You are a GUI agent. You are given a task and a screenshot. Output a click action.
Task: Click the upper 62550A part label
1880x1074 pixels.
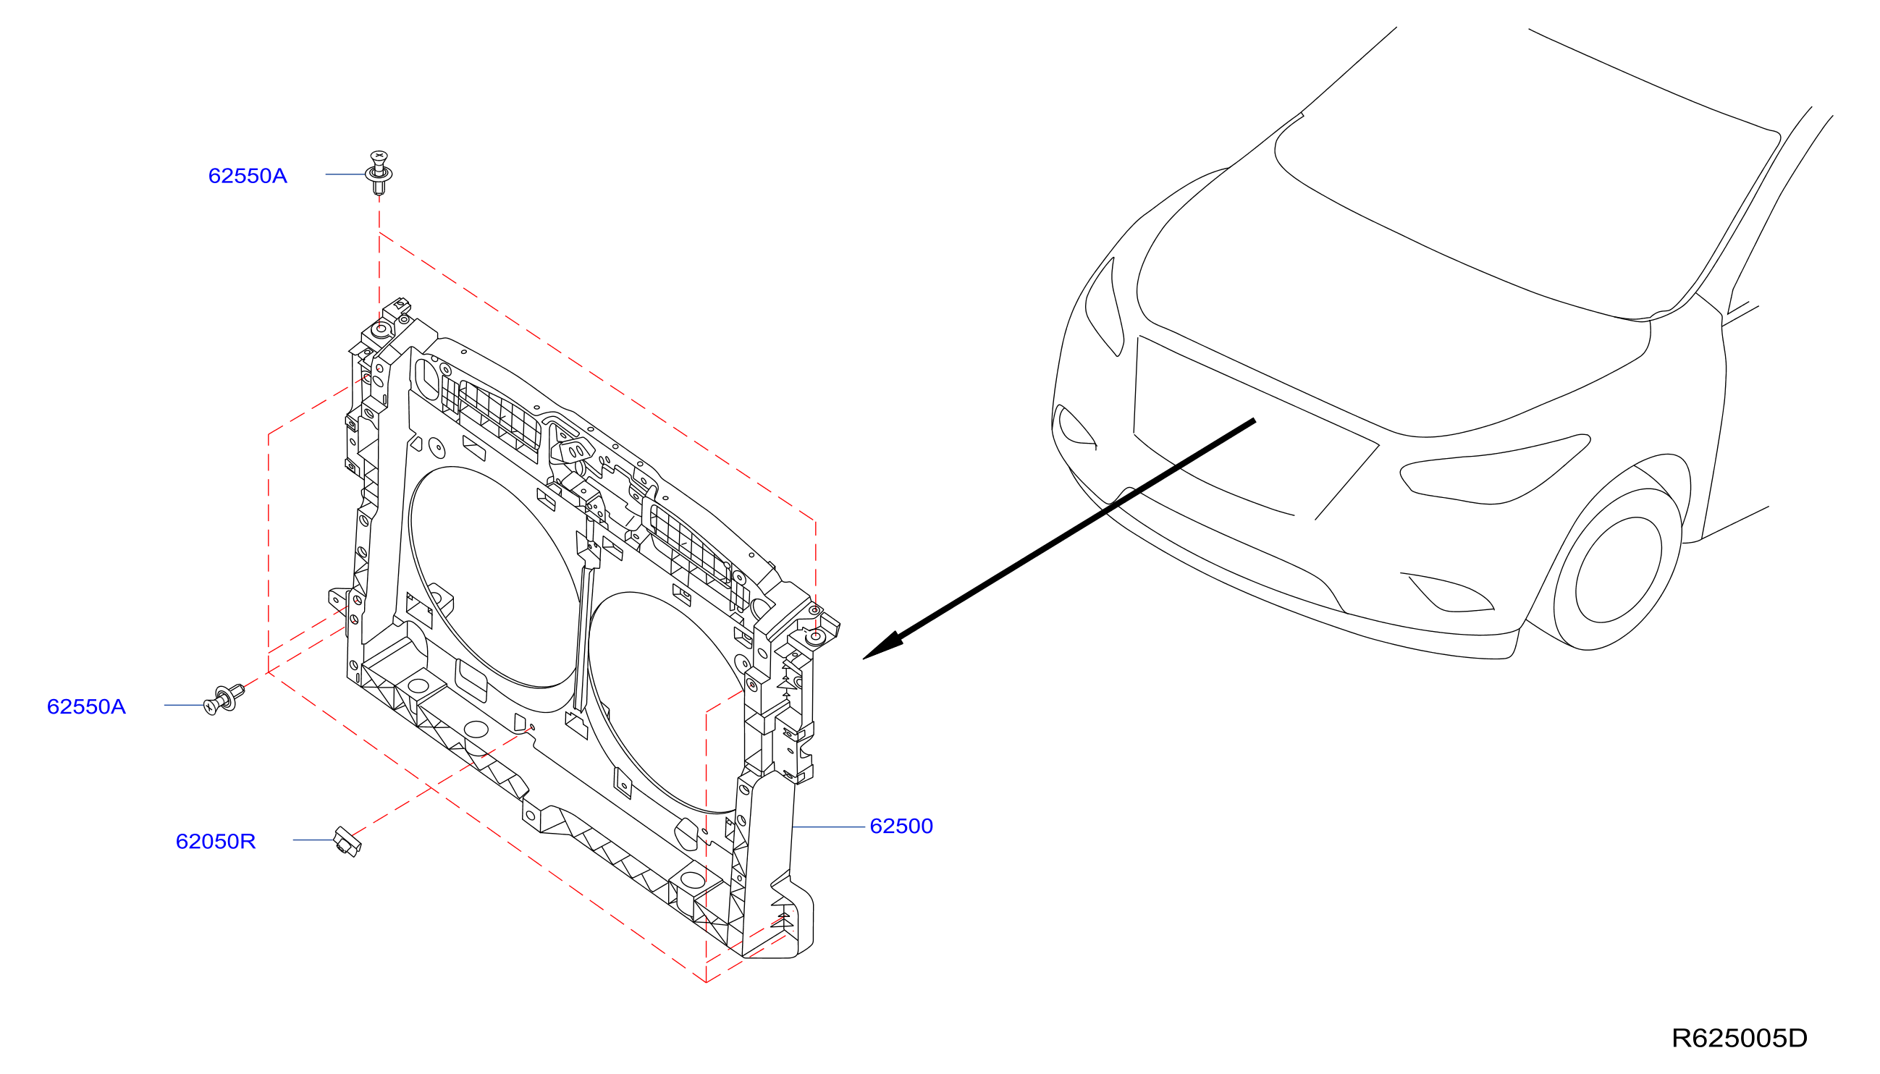(x=247, y=176)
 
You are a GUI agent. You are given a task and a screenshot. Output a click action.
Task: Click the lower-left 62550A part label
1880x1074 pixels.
(x=86, y=706)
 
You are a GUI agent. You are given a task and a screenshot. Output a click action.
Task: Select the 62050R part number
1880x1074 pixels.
(x=216, y=842)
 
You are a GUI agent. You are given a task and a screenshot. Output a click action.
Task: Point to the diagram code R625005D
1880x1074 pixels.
(x=1739, y=1039)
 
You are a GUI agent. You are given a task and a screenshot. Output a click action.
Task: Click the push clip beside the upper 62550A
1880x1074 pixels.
(x=379, y=174)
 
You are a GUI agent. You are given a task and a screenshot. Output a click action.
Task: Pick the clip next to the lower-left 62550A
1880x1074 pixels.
(x=224, y=698)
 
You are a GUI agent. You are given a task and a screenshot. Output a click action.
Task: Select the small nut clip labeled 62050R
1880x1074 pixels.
(x=347, y=842)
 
